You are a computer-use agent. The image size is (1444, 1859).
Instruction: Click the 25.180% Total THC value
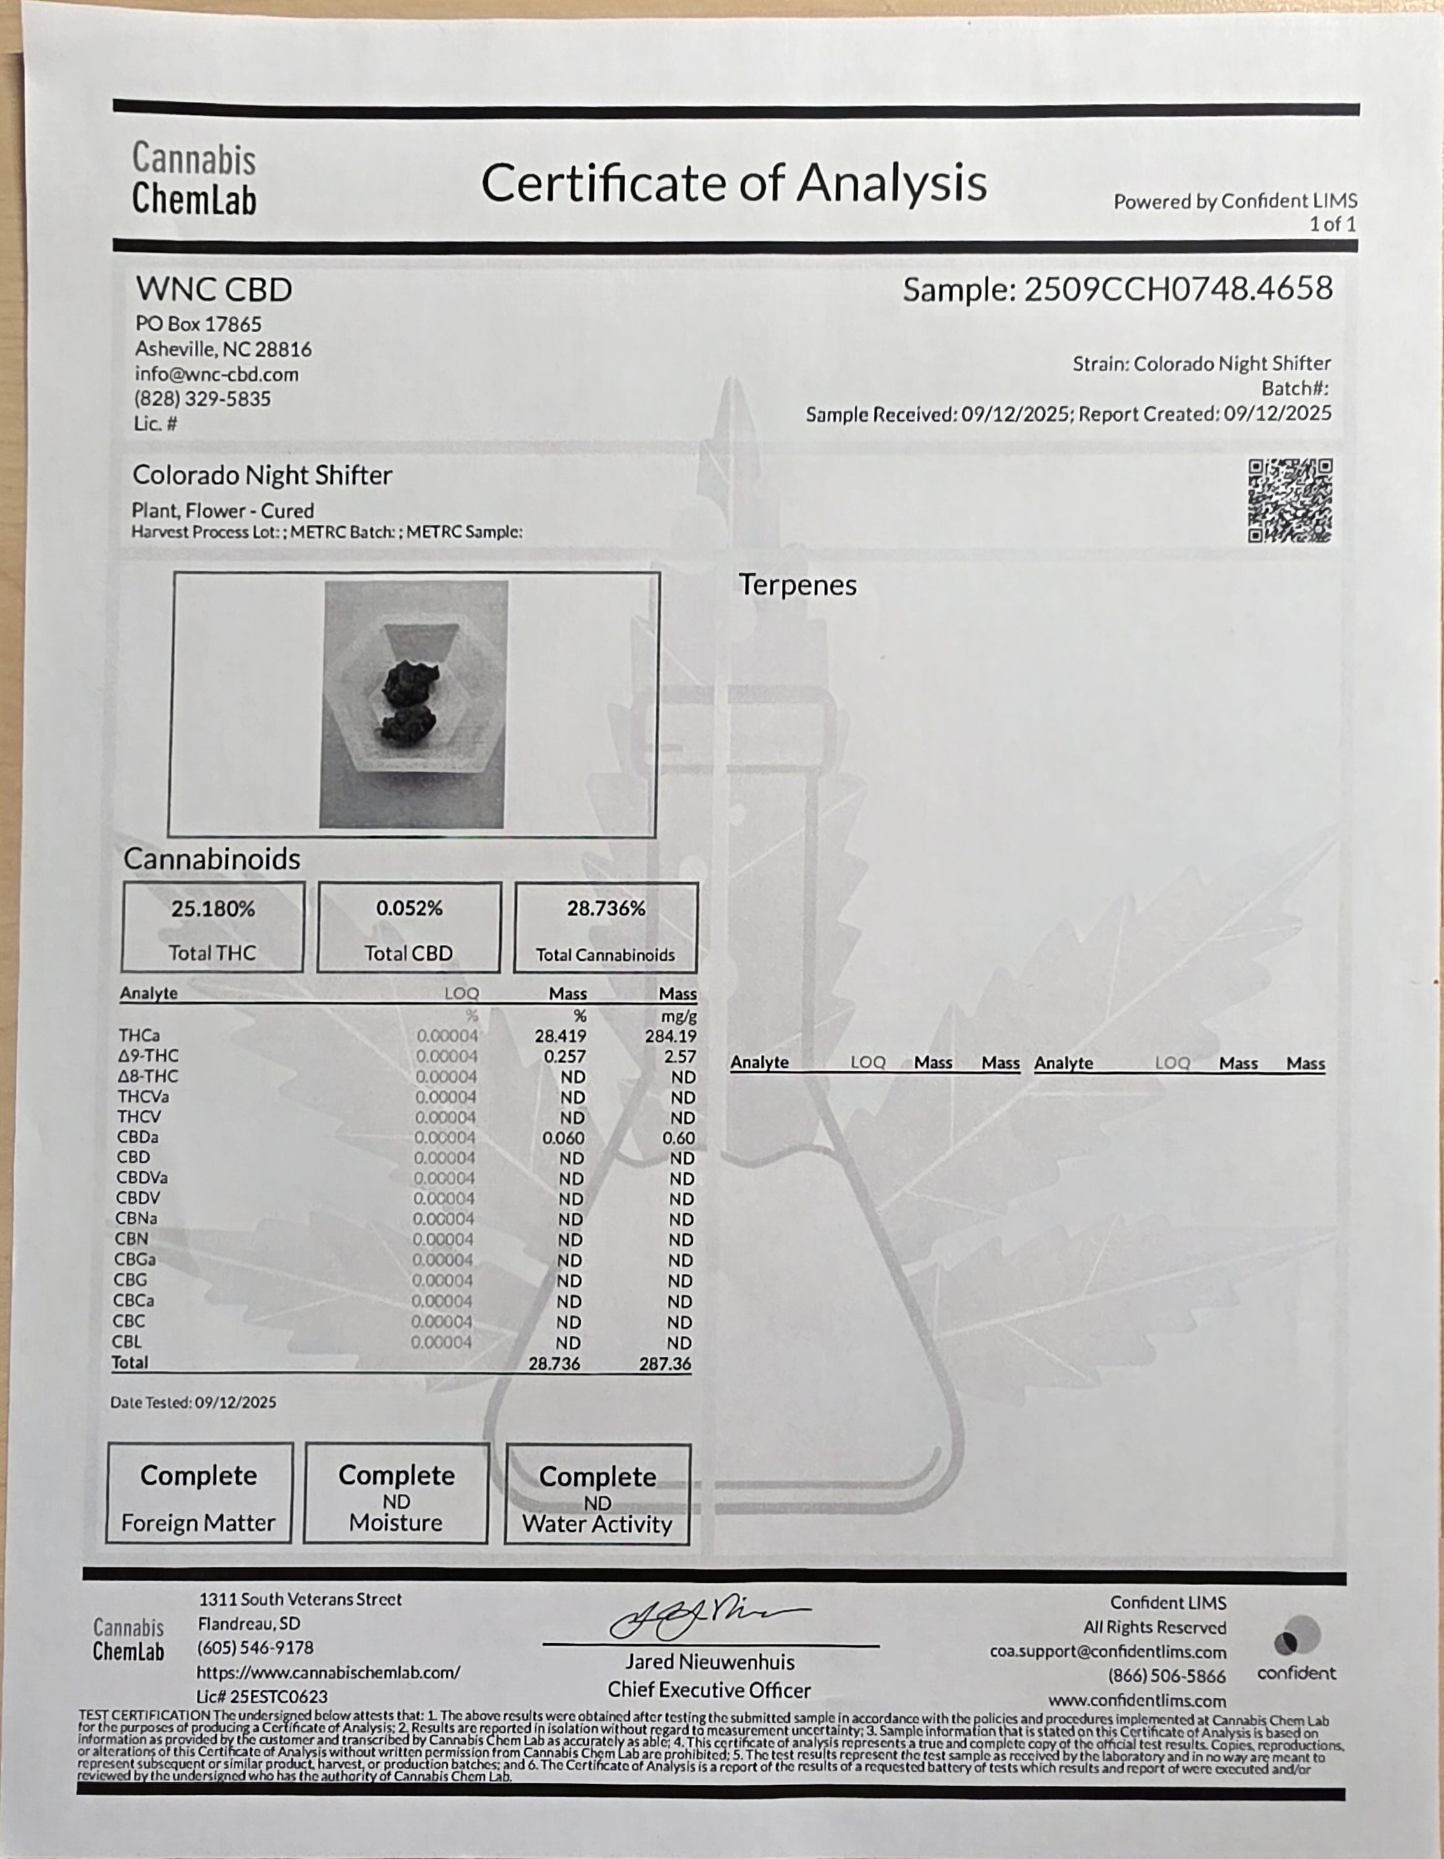(x=213, y=909)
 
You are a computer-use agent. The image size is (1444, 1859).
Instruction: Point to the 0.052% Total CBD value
(x=409, y=908)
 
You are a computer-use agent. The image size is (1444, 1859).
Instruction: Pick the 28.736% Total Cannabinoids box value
(x=606, y=908)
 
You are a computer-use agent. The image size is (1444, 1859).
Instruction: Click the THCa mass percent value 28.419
(x=560, y=1036)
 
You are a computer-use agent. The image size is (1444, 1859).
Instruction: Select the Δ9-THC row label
(x=148, y=1056)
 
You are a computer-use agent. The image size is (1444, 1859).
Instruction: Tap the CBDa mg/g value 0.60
(x=679, y=1138)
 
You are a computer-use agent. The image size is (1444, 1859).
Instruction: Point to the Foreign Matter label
(x=199, y=1522)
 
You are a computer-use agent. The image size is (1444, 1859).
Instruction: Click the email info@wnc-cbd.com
(x=216, y=374)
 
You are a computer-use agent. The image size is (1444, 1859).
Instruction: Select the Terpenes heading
(x=797, y=585)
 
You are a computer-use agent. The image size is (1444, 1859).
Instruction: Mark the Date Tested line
(x=194, y=1402)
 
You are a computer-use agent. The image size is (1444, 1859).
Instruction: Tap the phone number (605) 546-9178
(x=255, y=1648)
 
